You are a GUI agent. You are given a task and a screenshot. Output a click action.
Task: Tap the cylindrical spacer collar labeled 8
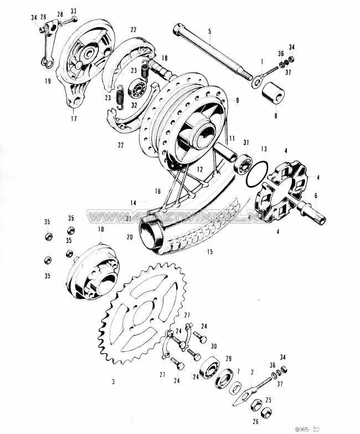point(272,91)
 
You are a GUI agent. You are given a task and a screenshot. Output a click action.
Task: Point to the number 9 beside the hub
point(236,100)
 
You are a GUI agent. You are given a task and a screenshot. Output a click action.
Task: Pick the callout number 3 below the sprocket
point(114,383)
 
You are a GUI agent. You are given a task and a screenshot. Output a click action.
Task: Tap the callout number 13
point(264,149)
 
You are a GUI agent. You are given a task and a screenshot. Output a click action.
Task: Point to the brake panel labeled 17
point(83,72)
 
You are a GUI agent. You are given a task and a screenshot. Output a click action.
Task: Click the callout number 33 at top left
point(74,11)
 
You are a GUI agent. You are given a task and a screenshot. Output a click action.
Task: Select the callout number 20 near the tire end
point(130,237)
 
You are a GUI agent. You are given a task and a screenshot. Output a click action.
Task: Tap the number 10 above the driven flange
point(101,229)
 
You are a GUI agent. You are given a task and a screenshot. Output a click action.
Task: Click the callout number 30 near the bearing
point(214,346)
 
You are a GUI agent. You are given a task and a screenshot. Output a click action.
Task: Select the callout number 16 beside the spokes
point(158,191)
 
